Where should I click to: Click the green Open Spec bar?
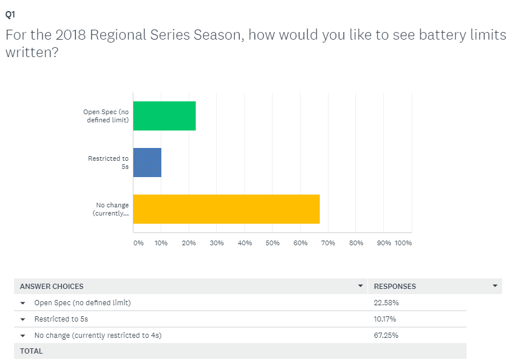pos(164,116)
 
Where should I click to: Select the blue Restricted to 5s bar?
pos(147,163)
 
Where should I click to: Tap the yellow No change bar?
pos(226,209)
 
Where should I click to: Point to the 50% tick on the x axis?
pos(273,243)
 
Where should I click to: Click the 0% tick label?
pos(139,243)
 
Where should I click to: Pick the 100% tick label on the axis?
pos(403,243)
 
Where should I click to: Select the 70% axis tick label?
pos(328,243)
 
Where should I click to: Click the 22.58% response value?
pos(386,303)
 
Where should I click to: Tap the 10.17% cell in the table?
pos(385,319)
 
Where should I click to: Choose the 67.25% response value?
pos(386,336)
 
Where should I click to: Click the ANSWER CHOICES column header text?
pos(52,287)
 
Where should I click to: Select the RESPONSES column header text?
pos(395,287)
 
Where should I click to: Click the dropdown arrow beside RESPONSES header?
pos(495,285)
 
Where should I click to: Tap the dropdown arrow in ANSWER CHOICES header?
pos(361,285)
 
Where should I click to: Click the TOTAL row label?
pos(31,351)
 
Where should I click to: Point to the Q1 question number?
pos(10,15)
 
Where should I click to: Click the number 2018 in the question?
pos(70,35)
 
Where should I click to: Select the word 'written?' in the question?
pos(32,52)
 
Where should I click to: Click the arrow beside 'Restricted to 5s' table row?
pos(23,319)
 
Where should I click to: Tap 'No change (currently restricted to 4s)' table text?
pos(98,336)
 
